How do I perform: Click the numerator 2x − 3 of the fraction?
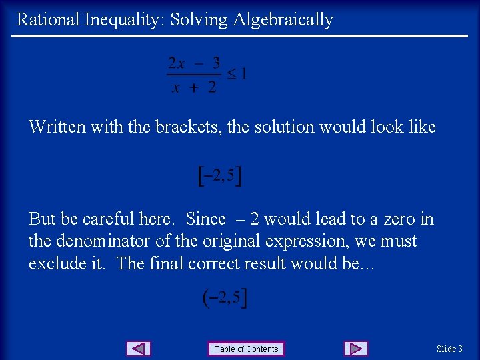pos(194,64)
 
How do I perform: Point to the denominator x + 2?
pos(194,87)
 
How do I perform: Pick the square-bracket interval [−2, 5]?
pos(221,176)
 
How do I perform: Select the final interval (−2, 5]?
pos(225,298)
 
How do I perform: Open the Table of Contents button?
pos(246,349)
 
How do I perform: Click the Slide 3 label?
pos(449,349)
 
